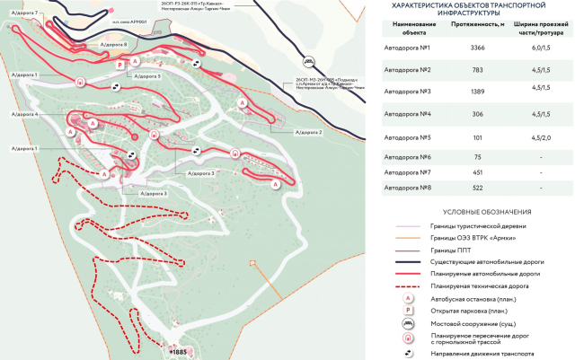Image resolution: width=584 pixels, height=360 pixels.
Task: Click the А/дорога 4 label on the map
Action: tap(24, 115)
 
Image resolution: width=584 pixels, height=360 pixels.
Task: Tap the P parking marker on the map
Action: tap(119, 66)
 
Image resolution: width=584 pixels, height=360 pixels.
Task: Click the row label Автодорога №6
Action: tap(407, 156)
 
